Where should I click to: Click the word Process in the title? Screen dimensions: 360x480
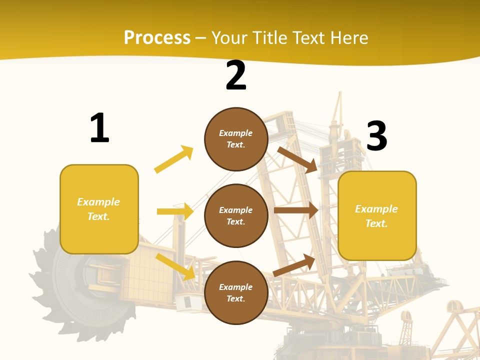pos(157,38)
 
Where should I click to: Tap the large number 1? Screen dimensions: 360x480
pos(99,128)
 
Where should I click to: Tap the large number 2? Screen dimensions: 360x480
pos(236,75)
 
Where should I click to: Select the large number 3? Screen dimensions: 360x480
pos(376,136)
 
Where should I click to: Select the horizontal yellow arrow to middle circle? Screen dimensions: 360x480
pos(175,211)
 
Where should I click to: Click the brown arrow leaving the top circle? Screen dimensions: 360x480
pos(297,159)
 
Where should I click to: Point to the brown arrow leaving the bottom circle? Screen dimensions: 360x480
pos(294,265)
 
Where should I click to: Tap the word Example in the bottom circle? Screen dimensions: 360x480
pos(236,287)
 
